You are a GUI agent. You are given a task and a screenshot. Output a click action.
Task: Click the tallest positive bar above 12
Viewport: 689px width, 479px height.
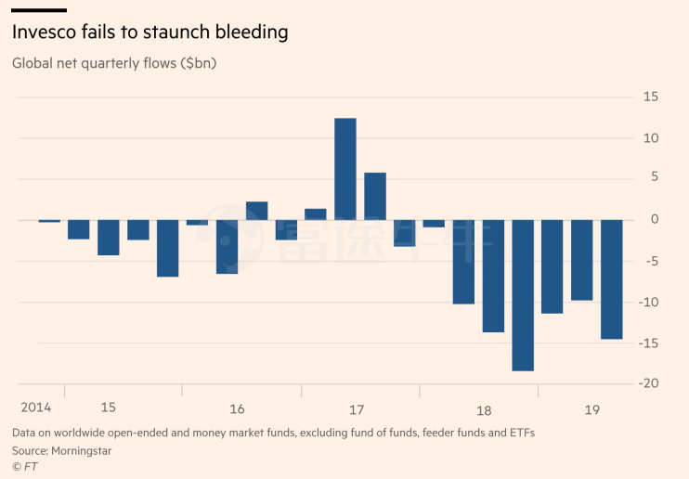coord(345,169)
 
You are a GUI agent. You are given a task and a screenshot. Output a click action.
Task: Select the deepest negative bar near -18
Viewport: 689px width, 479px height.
coord(523,295)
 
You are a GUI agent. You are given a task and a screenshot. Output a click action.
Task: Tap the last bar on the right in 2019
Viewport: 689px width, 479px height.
coord(612,279)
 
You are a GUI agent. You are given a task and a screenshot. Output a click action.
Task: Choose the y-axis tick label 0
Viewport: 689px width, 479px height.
coord(655,220)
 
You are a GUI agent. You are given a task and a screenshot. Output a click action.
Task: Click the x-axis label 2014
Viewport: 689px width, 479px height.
coord(35,408)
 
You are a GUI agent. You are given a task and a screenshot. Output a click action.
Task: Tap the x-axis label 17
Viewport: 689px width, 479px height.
coord(357,409)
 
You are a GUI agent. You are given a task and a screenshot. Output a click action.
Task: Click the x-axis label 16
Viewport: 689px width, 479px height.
coord(237,409)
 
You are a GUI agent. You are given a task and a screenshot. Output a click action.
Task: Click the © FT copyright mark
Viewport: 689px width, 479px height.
coord(23,466)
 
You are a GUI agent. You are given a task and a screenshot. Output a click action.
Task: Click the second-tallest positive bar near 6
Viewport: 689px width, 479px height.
coord(375,196)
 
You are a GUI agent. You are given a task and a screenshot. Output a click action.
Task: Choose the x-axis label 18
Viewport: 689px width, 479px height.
coord(484,409)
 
